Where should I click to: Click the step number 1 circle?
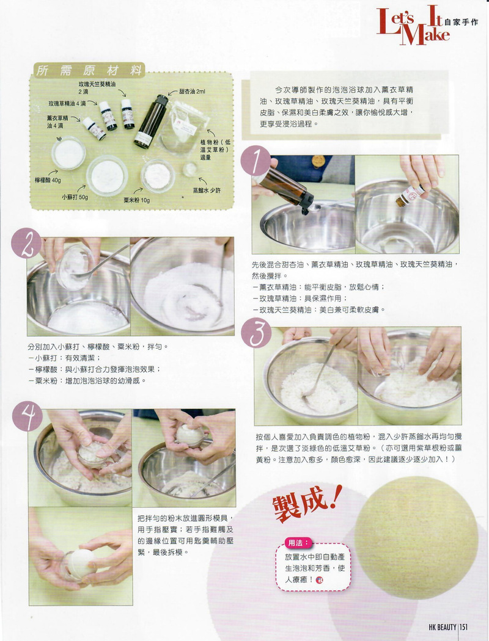[256, 161]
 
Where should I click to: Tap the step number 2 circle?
[26, 243]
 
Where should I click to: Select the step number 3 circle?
[256, 333]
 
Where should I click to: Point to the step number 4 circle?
[28, 416]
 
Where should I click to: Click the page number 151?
[463, 627]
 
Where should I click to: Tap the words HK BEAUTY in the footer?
[443, 627]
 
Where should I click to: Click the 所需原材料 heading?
[89, 70]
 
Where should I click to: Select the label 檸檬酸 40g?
[48, 180]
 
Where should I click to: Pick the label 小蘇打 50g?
[75, 197]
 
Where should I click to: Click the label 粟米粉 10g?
[137, 200]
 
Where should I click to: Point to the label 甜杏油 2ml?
[193, 92]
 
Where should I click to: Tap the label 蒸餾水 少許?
[207, 190]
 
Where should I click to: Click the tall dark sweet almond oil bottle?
[151, 121]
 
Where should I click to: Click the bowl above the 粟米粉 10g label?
[158, 176]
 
